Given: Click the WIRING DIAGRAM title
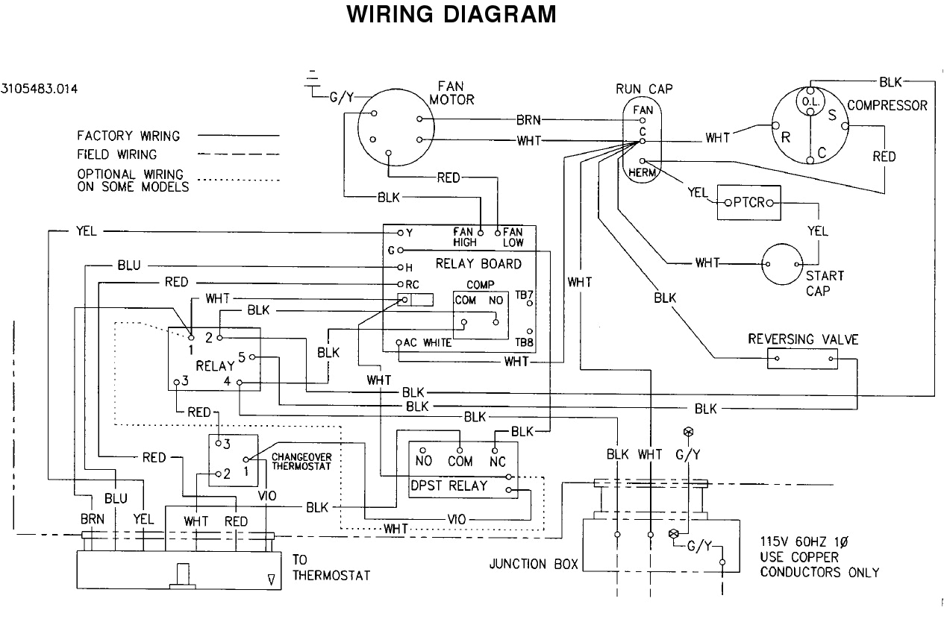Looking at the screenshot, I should (452, 15).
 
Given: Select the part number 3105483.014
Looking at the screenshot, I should (40, 88).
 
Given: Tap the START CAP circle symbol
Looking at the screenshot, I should (781, 264).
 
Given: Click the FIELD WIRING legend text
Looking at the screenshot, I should (117, 154).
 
